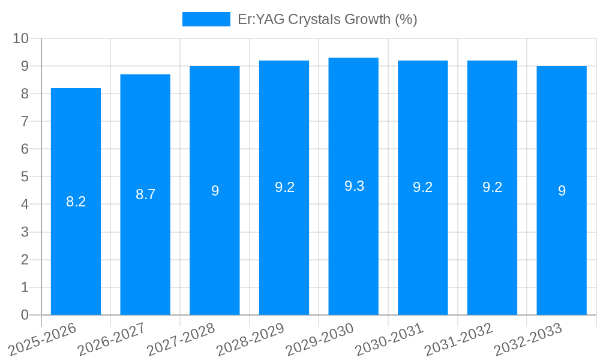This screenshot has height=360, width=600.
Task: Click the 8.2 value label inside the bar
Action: coord(76,202)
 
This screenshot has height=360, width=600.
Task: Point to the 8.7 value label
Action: coord(145,194)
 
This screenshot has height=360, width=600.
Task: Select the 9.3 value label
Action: coord(354,186)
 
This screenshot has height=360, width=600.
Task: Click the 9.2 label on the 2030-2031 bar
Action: coord(423,187)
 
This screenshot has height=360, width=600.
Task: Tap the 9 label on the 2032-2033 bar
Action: coord(562,191)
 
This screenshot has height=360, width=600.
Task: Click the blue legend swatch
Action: coord(206,19)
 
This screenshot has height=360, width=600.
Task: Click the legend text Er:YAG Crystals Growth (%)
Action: coord(327,19)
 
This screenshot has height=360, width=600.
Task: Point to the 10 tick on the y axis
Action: coord(21,38)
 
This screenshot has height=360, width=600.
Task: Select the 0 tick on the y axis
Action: coord(25,315)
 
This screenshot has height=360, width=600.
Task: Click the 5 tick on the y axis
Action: coord(25,177)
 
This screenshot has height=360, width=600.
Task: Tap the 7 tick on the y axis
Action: coord(25,122)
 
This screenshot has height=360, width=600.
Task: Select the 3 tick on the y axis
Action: coord(25,232)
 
